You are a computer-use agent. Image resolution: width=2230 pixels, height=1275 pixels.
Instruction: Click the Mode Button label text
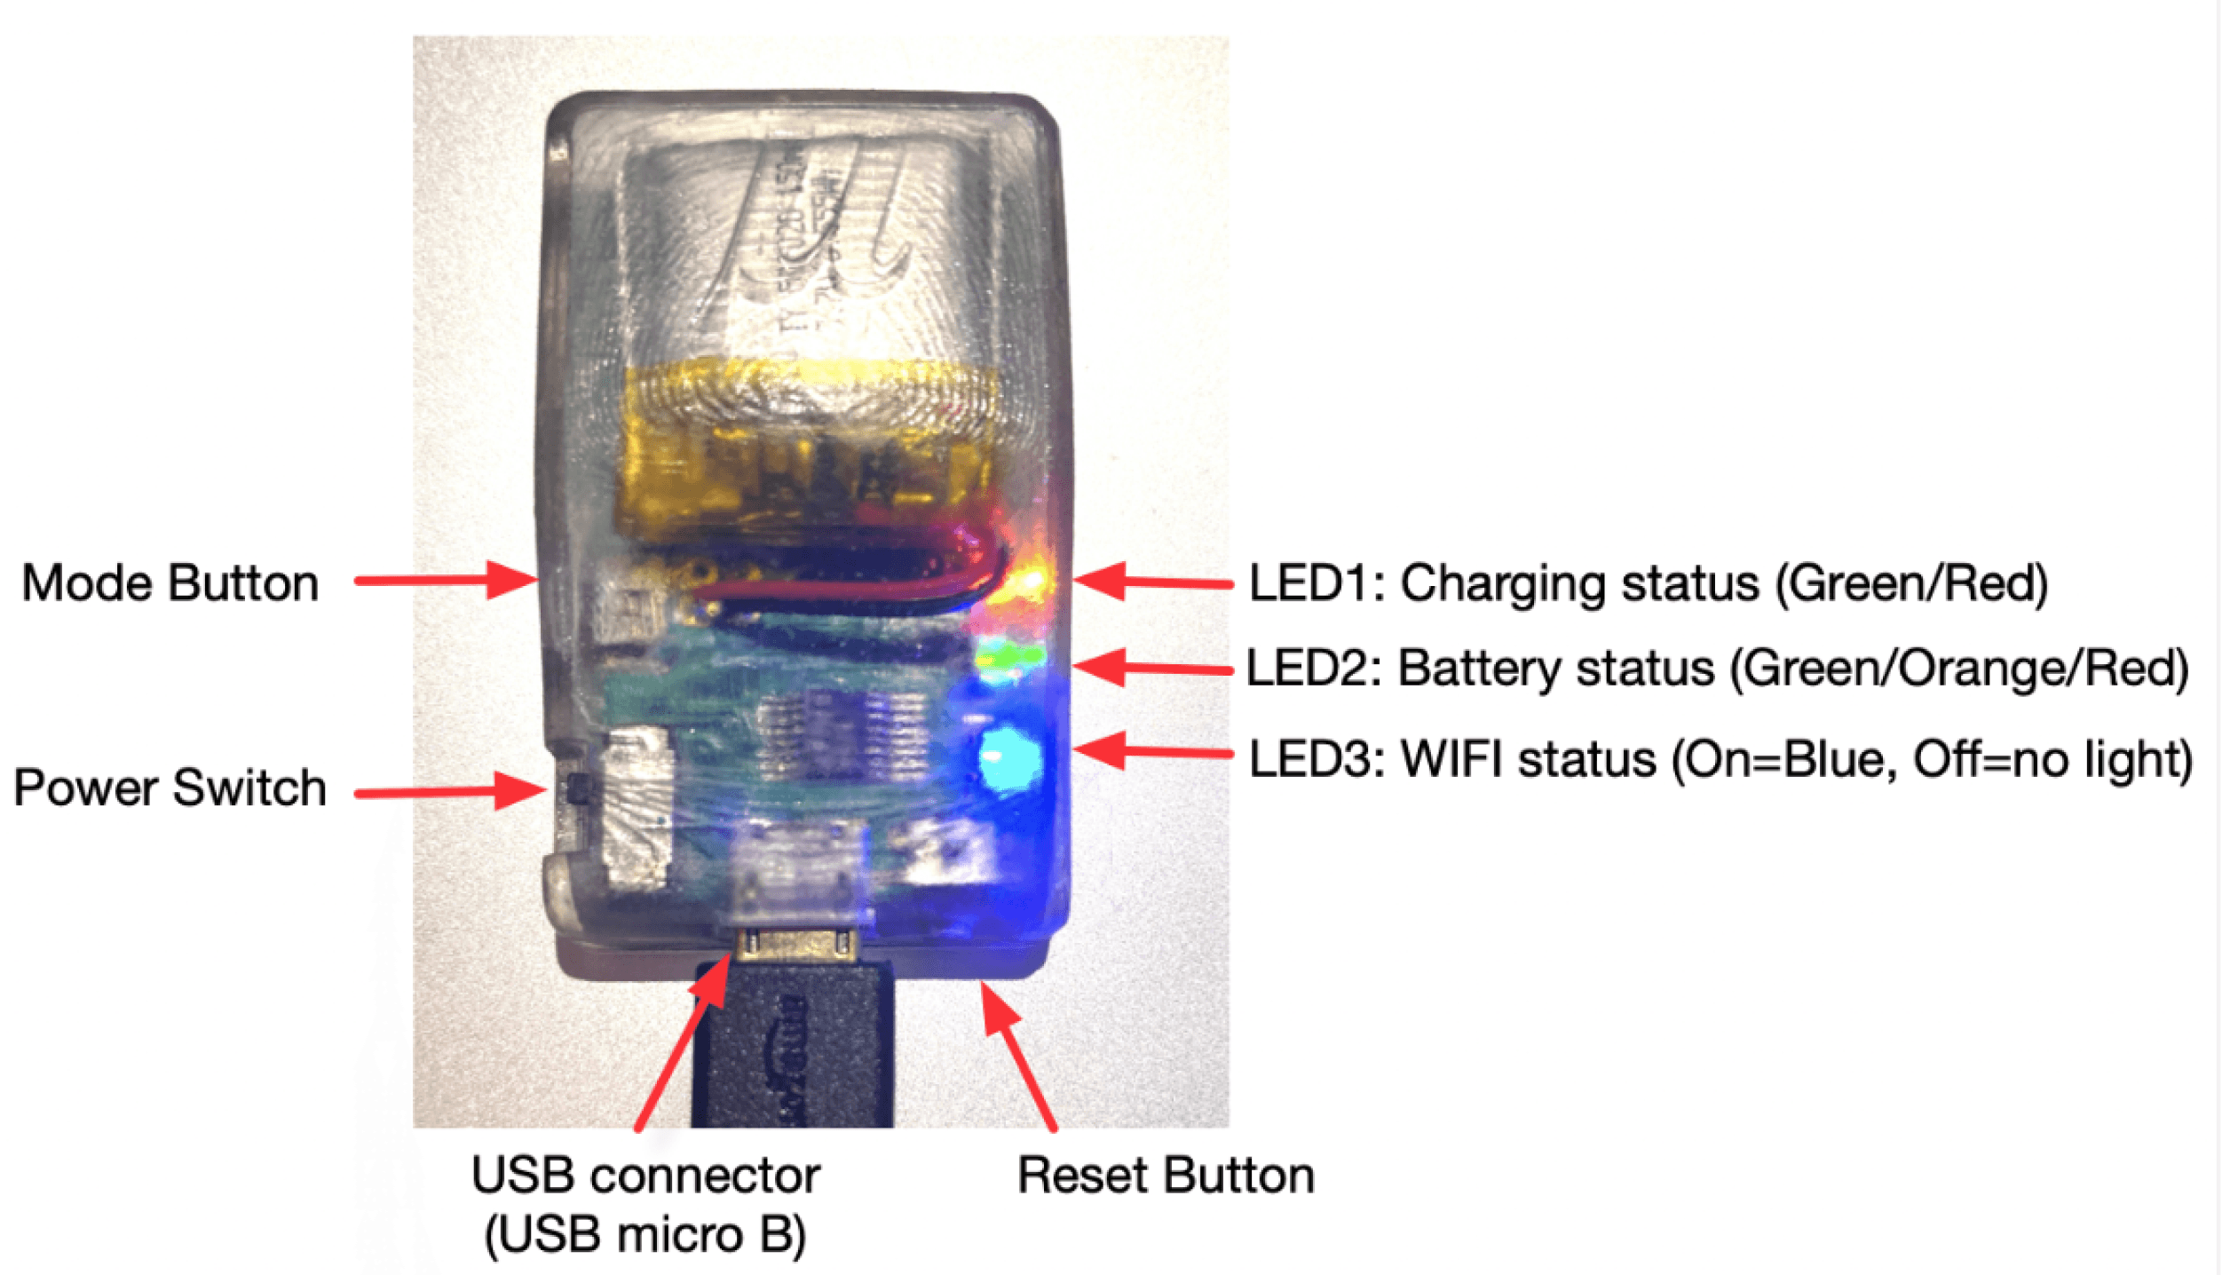pyautogui.click(x=170, y=583)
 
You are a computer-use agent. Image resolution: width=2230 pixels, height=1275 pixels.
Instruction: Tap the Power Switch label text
pyautogui.click(x=170, y=788)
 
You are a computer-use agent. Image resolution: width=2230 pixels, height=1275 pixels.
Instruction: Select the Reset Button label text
pyautogui.click(x=1166, y=1176)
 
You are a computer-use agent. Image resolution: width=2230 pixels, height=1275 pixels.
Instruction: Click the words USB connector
pyautogui.click(x=645, y=1176)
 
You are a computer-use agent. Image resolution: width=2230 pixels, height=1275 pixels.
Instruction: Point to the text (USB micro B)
pyautogui.click(x=645, y=1235)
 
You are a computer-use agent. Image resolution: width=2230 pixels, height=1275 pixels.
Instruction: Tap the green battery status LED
pyautogui.click(x=1010, y=658)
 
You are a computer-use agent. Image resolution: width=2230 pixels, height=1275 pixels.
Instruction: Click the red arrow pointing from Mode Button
pyautogui.click(x=447, y=581)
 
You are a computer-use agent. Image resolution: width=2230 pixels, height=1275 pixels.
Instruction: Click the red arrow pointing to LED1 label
pyautogui.click(x=1153, y=582)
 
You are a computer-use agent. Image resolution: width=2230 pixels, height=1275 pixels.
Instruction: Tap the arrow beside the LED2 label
pyautogui.click(x=1153, y=668)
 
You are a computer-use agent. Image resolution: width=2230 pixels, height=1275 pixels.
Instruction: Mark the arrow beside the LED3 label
pyautogui.click(x=1153, y=752)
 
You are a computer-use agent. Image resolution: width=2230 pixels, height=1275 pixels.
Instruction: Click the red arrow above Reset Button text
pyautogui.click(x=1019, y=1056)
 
